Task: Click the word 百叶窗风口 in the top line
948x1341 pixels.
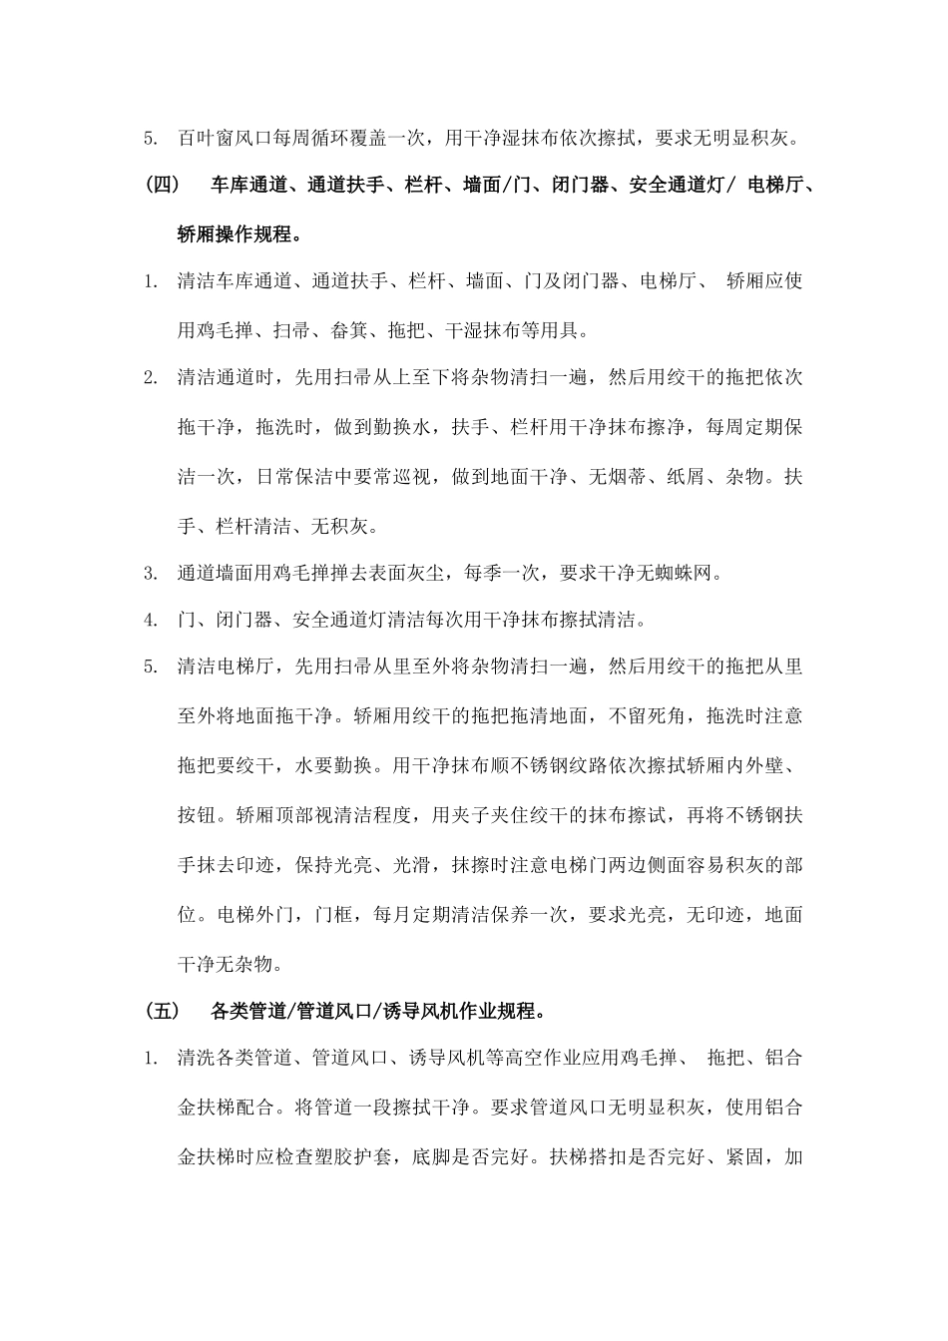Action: click(x=226, y=138)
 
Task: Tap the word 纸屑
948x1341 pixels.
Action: click(x=685, y=476)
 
